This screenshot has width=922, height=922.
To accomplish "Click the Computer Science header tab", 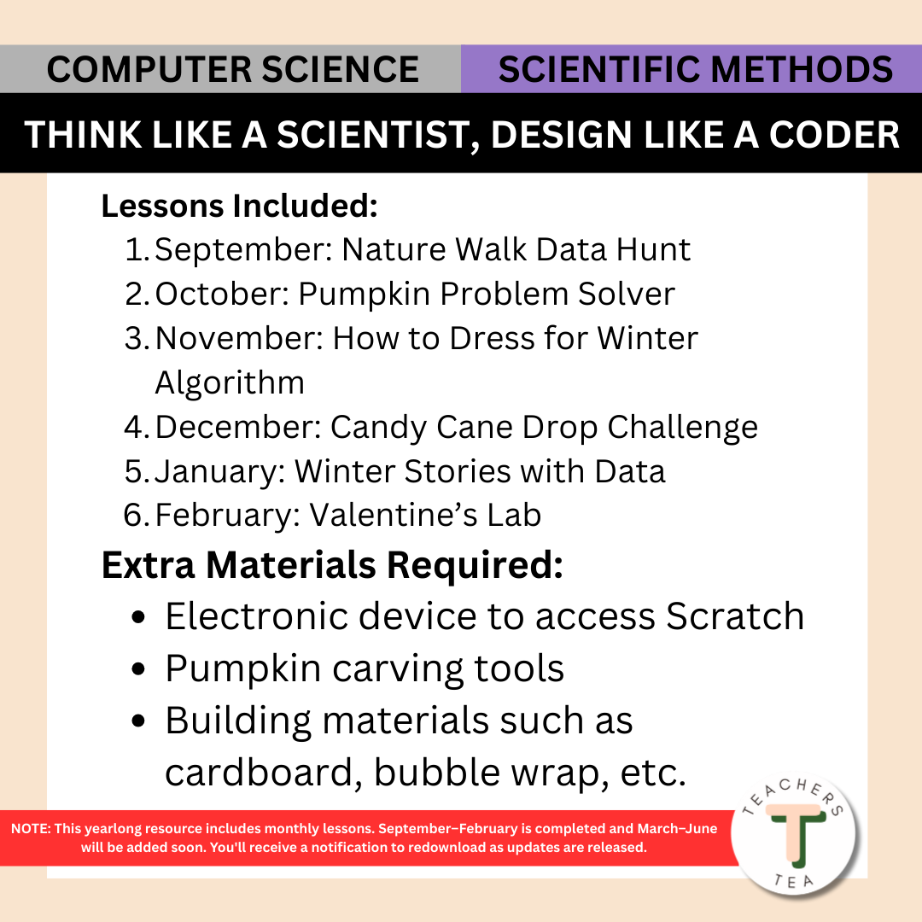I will click(x=232, y=69).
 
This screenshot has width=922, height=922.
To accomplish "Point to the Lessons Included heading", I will click(x=239, y=206).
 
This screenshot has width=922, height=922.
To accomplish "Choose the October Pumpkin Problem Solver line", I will click(x=415, y=295).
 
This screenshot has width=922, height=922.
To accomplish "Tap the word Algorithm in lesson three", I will click(x=230, y=382).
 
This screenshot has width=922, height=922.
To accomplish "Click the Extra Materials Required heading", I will click(x=332, y=566).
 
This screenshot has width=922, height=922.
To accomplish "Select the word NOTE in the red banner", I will click(x=32, y=829).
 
